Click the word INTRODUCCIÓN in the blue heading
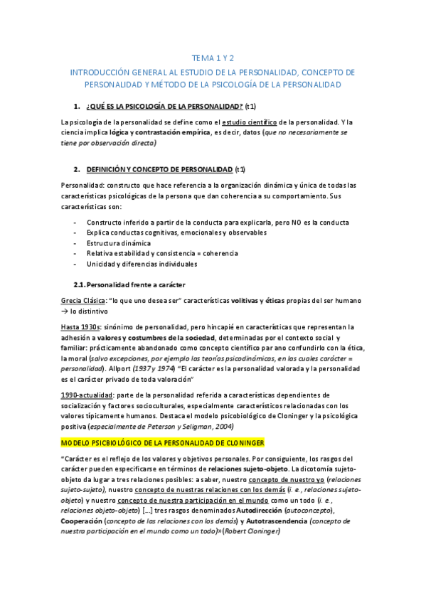click(100, 73)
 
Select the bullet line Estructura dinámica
click(119, 242)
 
